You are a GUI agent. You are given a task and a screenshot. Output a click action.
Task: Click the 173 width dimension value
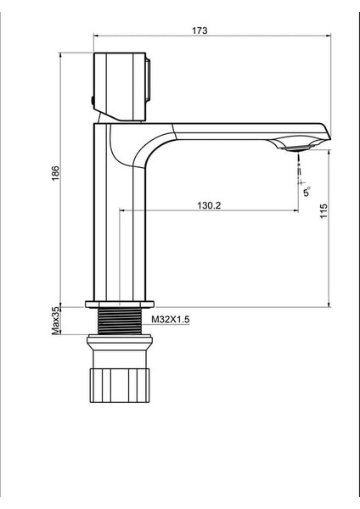tap(200, 31)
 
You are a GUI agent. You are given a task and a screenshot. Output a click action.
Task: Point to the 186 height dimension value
tap(56, 173)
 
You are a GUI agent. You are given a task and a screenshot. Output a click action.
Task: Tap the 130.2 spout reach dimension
tap(209, 205)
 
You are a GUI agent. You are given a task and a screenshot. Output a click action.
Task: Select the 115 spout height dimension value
tap(323, 211)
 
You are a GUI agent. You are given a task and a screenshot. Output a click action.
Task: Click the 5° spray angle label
tap(307, 192)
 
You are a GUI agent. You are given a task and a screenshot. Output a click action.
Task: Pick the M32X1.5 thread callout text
tap(171, 320)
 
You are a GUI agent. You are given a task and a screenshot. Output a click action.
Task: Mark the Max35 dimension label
tap(56, 321)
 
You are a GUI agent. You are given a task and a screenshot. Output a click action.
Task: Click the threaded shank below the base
tap(120, 321)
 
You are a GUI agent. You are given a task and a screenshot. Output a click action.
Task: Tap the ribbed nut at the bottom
tap(120, 385)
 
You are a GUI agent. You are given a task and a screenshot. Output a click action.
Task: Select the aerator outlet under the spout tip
tap(296, 148)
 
